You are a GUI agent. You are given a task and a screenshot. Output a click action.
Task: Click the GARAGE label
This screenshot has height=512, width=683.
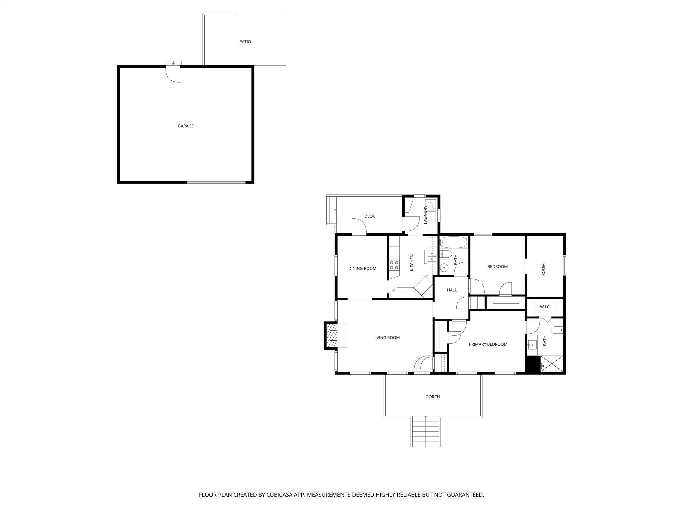tap(185, 126)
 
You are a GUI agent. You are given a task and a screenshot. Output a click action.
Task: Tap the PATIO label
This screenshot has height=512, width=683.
tap(245, 42)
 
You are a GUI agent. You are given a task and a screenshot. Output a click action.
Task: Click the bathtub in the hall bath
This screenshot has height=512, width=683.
tap(454, 242)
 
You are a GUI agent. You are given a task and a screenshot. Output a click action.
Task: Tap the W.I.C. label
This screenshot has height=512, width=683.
tap(545, 307)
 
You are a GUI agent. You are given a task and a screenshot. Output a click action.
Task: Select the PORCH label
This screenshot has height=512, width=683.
tap(433, 397)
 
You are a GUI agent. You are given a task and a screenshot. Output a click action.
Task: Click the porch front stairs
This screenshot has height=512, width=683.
tap(426, 432)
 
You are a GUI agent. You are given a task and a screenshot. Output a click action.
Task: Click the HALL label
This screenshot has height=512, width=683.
tap(452, 290)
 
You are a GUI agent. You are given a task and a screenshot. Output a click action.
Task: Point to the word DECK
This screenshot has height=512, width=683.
tap(369, 216)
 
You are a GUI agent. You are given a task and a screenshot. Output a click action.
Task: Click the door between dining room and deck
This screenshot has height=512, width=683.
tap(359, 227)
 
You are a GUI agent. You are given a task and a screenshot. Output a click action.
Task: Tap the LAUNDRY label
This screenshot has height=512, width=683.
tap(425, 215)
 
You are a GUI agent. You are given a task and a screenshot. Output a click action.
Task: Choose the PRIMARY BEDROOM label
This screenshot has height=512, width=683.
tap(488, 344)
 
